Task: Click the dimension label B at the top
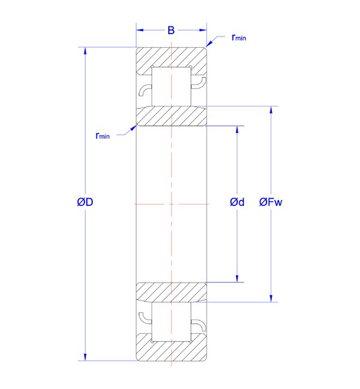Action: coord(171,31)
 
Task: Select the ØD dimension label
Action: coord(85,202)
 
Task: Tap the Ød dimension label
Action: coord(237,202)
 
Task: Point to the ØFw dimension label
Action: coord(271,202)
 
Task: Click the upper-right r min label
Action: coord(238,38)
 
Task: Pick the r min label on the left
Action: coord(102,135)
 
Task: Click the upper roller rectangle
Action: coord(171,86)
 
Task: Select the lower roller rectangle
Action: coord(171,321)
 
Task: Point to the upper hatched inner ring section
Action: coord(171,116)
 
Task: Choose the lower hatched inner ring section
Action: coord(171,292)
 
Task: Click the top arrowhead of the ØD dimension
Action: coord(85,51)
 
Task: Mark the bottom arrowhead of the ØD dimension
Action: coord(85,357)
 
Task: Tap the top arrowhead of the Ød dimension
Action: coord(237,129)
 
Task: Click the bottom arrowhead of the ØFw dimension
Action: coord(271,299)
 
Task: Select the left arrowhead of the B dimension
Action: coord(140,31)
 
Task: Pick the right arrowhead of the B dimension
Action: coord(203,31)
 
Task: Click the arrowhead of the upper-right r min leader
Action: coord(209,44)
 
